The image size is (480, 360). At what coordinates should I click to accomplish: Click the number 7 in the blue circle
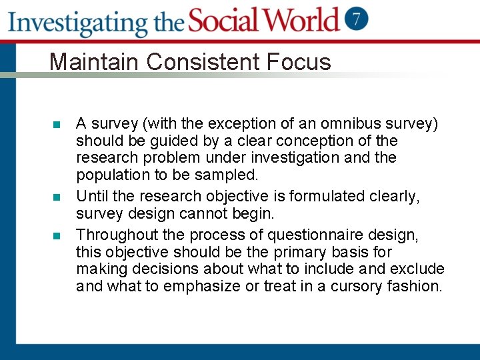click(x=357, y=19)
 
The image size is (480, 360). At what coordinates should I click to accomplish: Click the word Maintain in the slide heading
click(x=95, y=62)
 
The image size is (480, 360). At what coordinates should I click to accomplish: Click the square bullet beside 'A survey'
click(x=57, y=125)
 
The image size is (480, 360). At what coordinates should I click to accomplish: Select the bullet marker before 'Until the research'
click(x=57, y=197)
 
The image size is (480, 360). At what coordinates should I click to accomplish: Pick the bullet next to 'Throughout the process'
click(x=57, y=236)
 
